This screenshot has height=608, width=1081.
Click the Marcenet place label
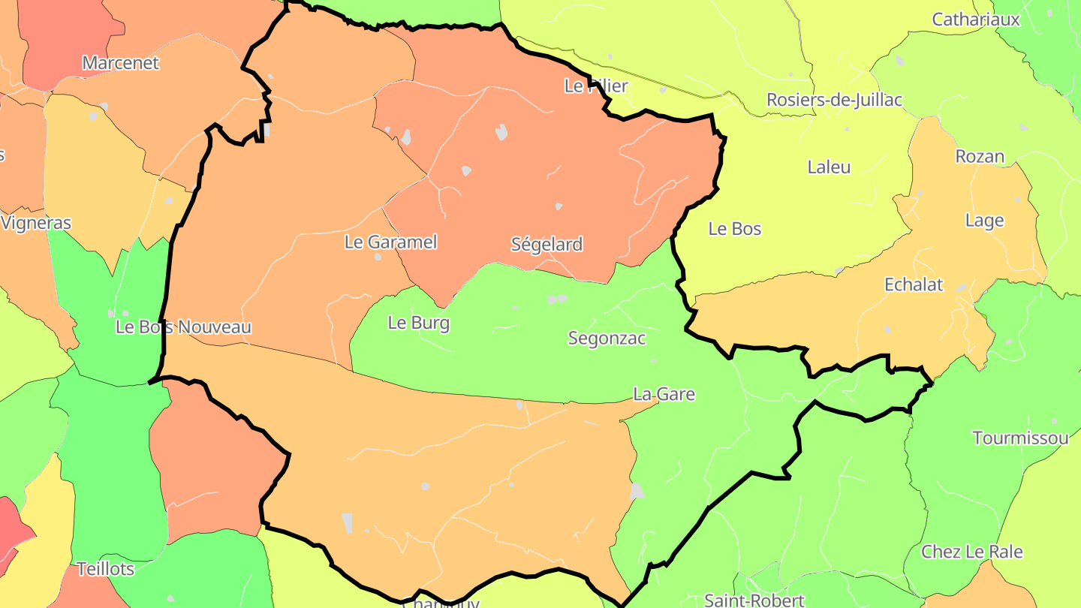point(121,63)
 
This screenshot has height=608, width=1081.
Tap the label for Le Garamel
point(390,242)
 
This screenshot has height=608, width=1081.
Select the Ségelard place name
point(547,244)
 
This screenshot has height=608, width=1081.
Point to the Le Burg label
point(419,324)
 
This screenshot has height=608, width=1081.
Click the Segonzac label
point(607,339)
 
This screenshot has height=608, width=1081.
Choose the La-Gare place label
point(664,394)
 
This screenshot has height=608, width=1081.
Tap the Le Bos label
point(735,229)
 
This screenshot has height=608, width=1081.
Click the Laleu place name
point(829,167)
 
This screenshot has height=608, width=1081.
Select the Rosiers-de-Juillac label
point(834,100)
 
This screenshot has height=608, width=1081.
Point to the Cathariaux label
point(976,20)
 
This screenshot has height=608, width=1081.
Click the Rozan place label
point(980,157)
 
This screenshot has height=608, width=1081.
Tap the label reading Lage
point(984,221)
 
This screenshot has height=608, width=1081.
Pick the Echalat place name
point(914,285)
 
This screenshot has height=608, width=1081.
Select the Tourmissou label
point(1021,438)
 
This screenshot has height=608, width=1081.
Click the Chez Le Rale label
point(972,552)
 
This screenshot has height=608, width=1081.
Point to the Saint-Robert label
point(754,600)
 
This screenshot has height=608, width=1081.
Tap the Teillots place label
point(106,569)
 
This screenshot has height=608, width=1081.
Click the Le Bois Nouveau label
point(183,327)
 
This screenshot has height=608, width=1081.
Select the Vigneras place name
point(36,223)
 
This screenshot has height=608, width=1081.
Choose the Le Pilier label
point(596,86)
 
